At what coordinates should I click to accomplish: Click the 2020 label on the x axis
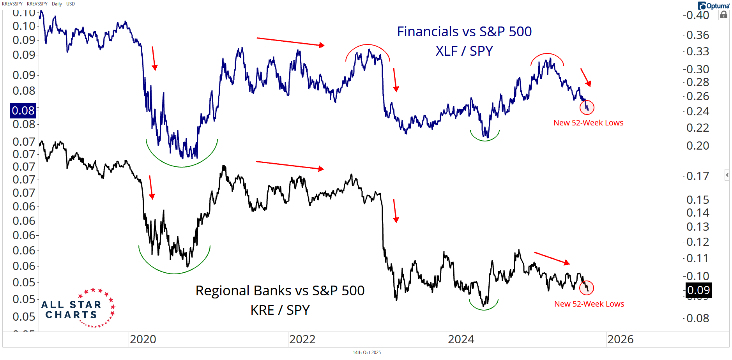click(143, 339)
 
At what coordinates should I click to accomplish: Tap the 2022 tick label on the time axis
click(302, 339)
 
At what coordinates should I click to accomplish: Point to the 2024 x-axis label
click(461, 339)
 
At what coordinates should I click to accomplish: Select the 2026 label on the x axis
click(620, 339)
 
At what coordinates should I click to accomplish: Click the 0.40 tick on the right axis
click(698, 16)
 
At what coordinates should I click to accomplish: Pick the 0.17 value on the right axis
click(698, 176)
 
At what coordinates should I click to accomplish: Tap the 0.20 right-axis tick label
click(698, 146)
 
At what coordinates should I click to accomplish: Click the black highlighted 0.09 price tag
click(698, 290)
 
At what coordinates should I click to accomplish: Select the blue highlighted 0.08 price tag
click(23, 111)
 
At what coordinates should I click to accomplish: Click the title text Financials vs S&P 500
click(464, 32)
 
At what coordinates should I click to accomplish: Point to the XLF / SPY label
click(464, 51)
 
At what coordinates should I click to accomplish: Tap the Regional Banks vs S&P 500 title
click(280, 291)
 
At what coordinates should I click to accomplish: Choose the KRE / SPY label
click(280, 310)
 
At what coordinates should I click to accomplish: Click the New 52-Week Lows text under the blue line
click(588, 123)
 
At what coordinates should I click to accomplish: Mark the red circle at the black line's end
click(587, 288)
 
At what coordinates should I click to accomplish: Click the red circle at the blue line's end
click(587, 107)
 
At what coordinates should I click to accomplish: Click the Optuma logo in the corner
click(713, 6)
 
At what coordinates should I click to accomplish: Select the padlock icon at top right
click(724, 15)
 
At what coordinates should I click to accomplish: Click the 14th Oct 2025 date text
click(366, 353)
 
